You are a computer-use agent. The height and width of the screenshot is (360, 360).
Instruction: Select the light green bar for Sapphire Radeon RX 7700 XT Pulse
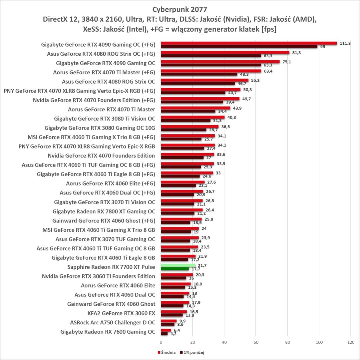click(178, 265)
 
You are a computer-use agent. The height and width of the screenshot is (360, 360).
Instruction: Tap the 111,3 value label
click(345, 43)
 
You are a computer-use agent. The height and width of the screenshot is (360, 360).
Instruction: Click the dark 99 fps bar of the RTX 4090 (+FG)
click(239, 46)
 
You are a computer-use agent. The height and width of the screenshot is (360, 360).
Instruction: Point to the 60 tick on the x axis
click(256, 342)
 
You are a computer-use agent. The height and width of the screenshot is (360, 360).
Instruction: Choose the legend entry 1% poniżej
click(191, 352)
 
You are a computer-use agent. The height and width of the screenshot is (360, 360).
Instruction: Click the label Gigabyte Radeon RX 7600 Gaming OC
click(108, 332)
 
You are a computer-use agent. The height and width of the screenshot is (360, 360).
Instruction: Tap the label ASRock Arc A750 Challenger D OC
click(113, 322)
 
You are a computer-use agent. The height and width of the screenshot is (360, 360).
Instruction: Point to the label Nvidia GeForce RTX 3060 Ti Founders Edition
click(99, 276)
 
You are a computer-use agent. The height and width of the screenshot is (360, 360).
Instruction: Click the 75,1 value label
click(287, 62)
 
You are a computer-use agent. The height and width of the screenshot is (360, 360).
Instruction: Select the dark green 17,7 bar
click(175, 269)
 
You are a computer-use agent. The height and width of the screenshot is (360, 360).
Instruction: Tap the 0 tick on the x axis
click(161, 342)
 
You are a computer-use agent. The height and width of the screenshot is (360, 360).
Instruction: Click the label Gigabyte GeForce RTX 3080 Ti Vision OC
click(105, 118)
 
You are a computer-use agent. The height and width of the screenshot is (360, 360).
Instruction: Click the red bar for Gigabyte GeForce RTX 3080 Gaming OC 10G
click(189, 126)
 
